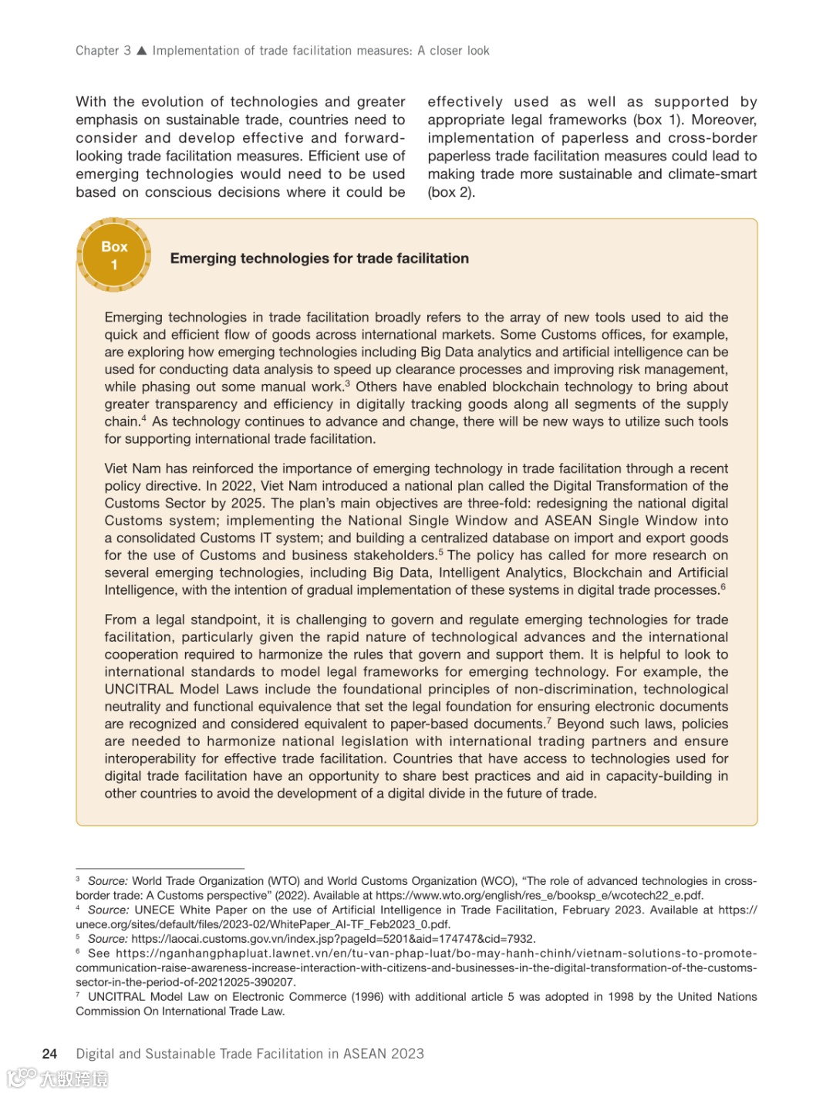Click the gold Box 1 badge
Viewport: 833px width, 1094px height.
click(114, 255)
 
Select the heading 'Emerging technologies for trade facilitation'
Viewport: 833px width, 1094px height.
click(319, 258)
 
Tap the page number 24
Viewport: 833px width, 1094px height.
click(49, 1054)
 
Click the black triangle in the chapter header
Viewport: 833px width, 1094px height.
click(141, 51)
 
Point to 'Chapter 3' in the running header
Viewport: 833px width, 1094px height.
click(103, 51)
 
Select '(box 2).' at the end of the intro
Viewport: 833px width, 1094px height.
click(451, 192)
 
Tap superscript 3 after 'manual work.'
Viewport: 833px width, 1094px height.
click(347, 383)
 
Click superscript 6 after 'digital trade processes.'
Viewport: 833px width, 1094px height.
click(723, 587)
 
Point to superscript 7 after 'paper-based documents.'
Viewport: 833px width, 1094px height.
click(548, 721)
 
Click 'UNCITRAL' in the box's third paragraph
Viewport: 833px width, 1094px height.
click(140, 689)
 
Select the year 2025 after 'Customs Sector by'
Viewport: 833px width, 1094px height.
click(247, 503)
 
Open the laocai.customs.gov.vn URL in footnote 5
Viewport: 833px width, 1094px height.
click(333, 939)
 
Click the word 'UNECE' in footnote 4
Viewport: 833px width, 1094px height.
click(154, 910)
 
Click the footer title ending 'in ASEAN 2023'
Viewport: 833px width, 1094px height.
click(250, 1054)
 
